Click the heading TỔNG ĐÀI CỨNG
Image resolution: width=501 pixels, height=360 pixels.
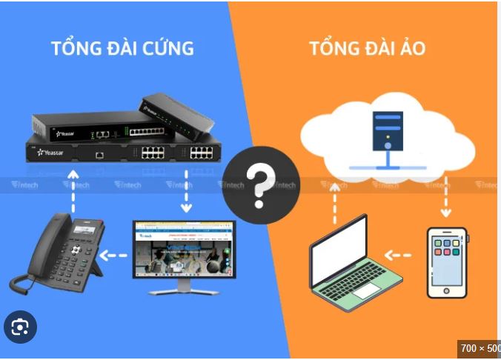tap(122, 48)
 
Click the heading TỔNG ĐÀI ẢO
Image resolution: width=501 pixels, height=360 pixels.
tap(367, 49)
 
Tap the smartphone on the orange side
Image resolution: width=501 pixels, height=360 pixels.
tap(447, 262)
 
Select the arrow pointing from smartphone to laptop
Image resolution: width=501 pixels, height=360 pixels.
tap(398, 256)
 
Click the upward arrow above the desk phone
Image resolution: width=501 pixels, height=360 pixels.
tap(73, 188)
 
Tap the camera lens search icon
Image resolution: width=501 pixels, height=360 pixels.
tap(20, 327)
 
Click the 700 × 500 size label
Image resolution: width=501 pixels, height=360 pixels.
tap(480, 348)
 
